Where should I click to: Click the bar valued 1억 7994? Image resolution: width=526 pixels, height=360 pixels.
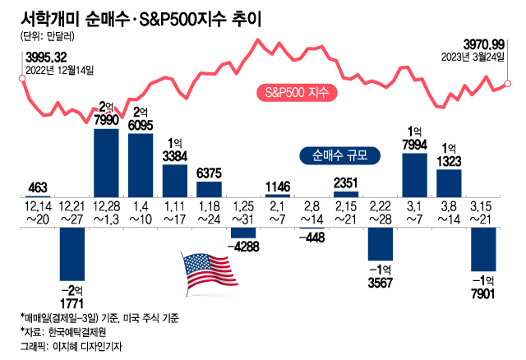(414, 174)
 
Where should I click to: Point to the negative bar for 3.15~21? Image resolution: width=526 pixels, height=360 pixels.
(482, 249)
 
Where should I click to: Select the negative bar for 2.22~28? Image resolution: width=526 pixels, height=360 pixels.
(380, 244)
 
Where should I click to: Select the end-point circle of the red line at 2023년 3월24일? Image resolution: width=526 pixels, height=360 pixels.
(508, 83)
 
